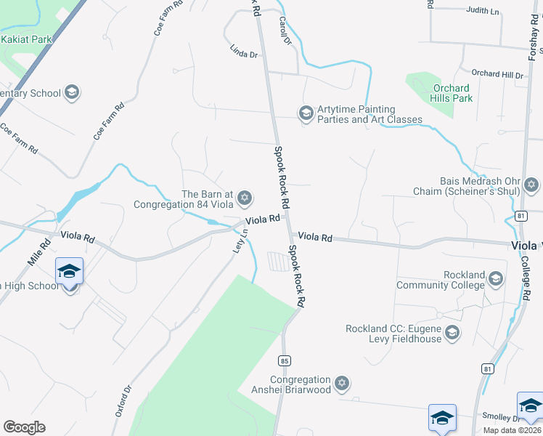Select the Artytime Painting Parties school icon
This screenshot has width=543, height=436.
click(306, 113)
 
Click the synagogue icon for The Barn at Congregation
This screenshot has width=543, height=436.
click(245, 198)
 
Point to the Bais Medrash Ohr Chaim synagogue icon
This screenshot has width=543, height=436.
click(531, 185)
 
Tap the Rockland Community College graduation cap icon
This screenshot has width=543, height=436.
click(496, 279)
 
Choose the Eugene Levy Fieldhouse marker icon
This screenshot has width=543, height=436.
click(452, 334)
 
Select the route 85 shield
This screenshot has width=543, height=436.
click(284, 360)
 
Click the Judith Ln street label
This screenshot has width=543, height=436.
click(484, 11)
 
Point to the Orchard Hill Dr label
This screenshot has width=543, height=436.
click(497, 74)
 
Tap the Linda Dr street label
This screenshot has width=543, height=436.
click(244, 52)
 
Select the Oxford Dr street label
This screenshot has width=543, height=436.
click(123, 400)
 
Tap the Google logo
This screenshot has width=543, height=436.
click(24, 427)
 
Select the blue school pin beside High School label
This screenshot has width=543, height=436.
click(69, 272)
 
